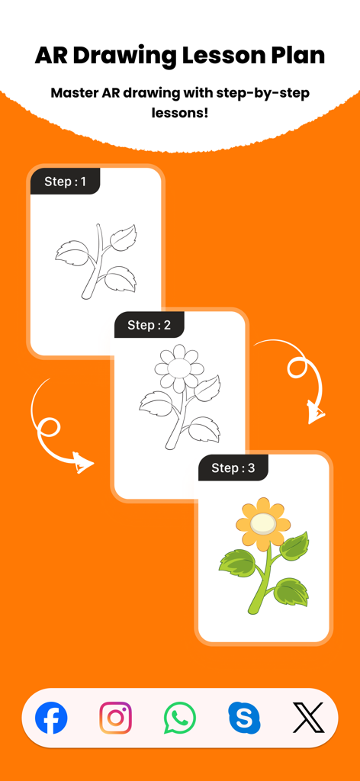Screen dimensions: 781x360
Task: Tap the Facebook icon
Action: [x=51, y=718]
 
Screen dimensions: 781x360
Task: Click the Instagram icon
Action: [x=115, y=718]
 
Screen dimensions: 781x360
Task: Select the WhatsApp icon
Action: [x=180, y=718]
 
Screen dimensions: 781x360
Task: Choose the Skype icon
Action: [x=244, y=718]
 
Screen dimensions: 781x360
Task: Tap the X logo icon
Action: [x=308, y=718]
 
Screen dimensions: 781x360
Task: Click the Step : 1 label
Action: [x=66, y=182]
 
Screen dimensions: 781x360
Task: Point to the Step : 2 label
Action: [x=149, y=325]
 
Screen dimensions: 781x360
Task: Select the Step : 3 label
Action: [x=233, y=468]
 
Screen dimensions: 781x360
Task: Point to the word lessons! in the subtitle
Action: [x=180, y=113]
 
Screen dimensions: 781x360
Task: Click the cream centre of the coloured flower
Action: [x=263, y=523]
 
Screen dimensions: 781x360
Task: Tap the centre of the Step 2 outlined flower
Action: [x=179, y=368]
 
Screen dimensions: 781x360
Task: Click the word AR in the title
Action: [x=52, y=56]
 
